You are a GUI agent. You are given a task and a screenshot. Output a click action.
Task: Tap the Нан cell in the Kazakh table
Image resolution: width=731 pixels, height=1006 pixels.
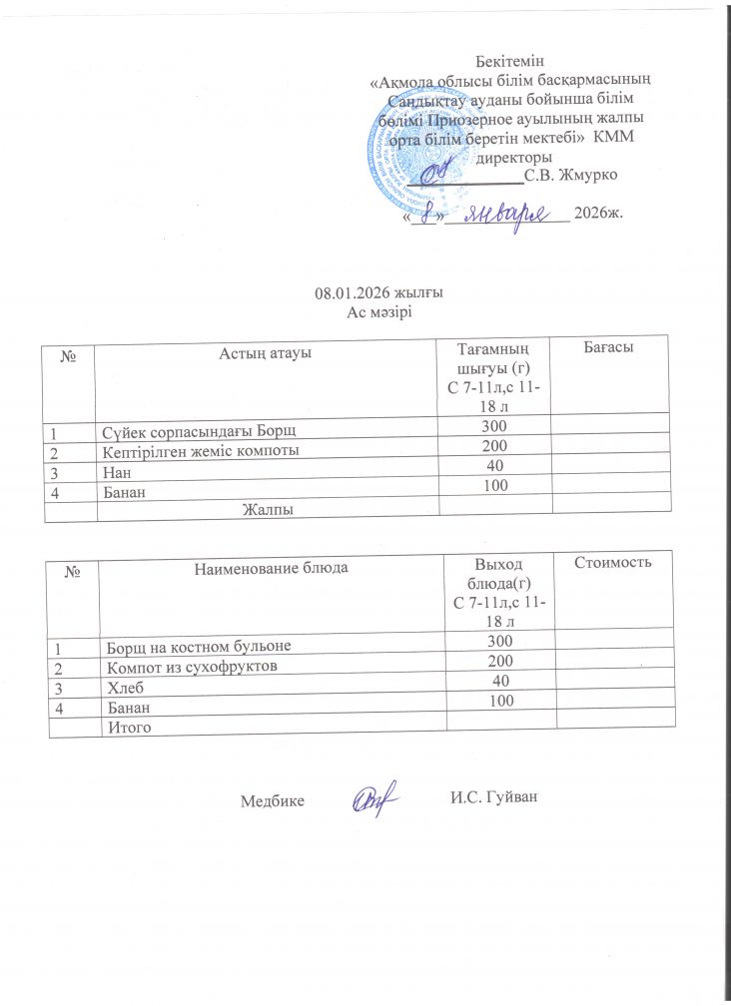(116, 468)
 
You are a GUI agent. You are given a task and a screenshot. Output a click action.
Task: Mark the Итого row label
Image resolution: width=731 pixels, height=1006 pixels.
(127, 729)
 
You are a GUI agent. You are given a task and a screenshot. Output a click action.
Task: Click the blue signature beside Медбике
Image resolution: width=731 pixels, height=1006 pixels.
(375, 797)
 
